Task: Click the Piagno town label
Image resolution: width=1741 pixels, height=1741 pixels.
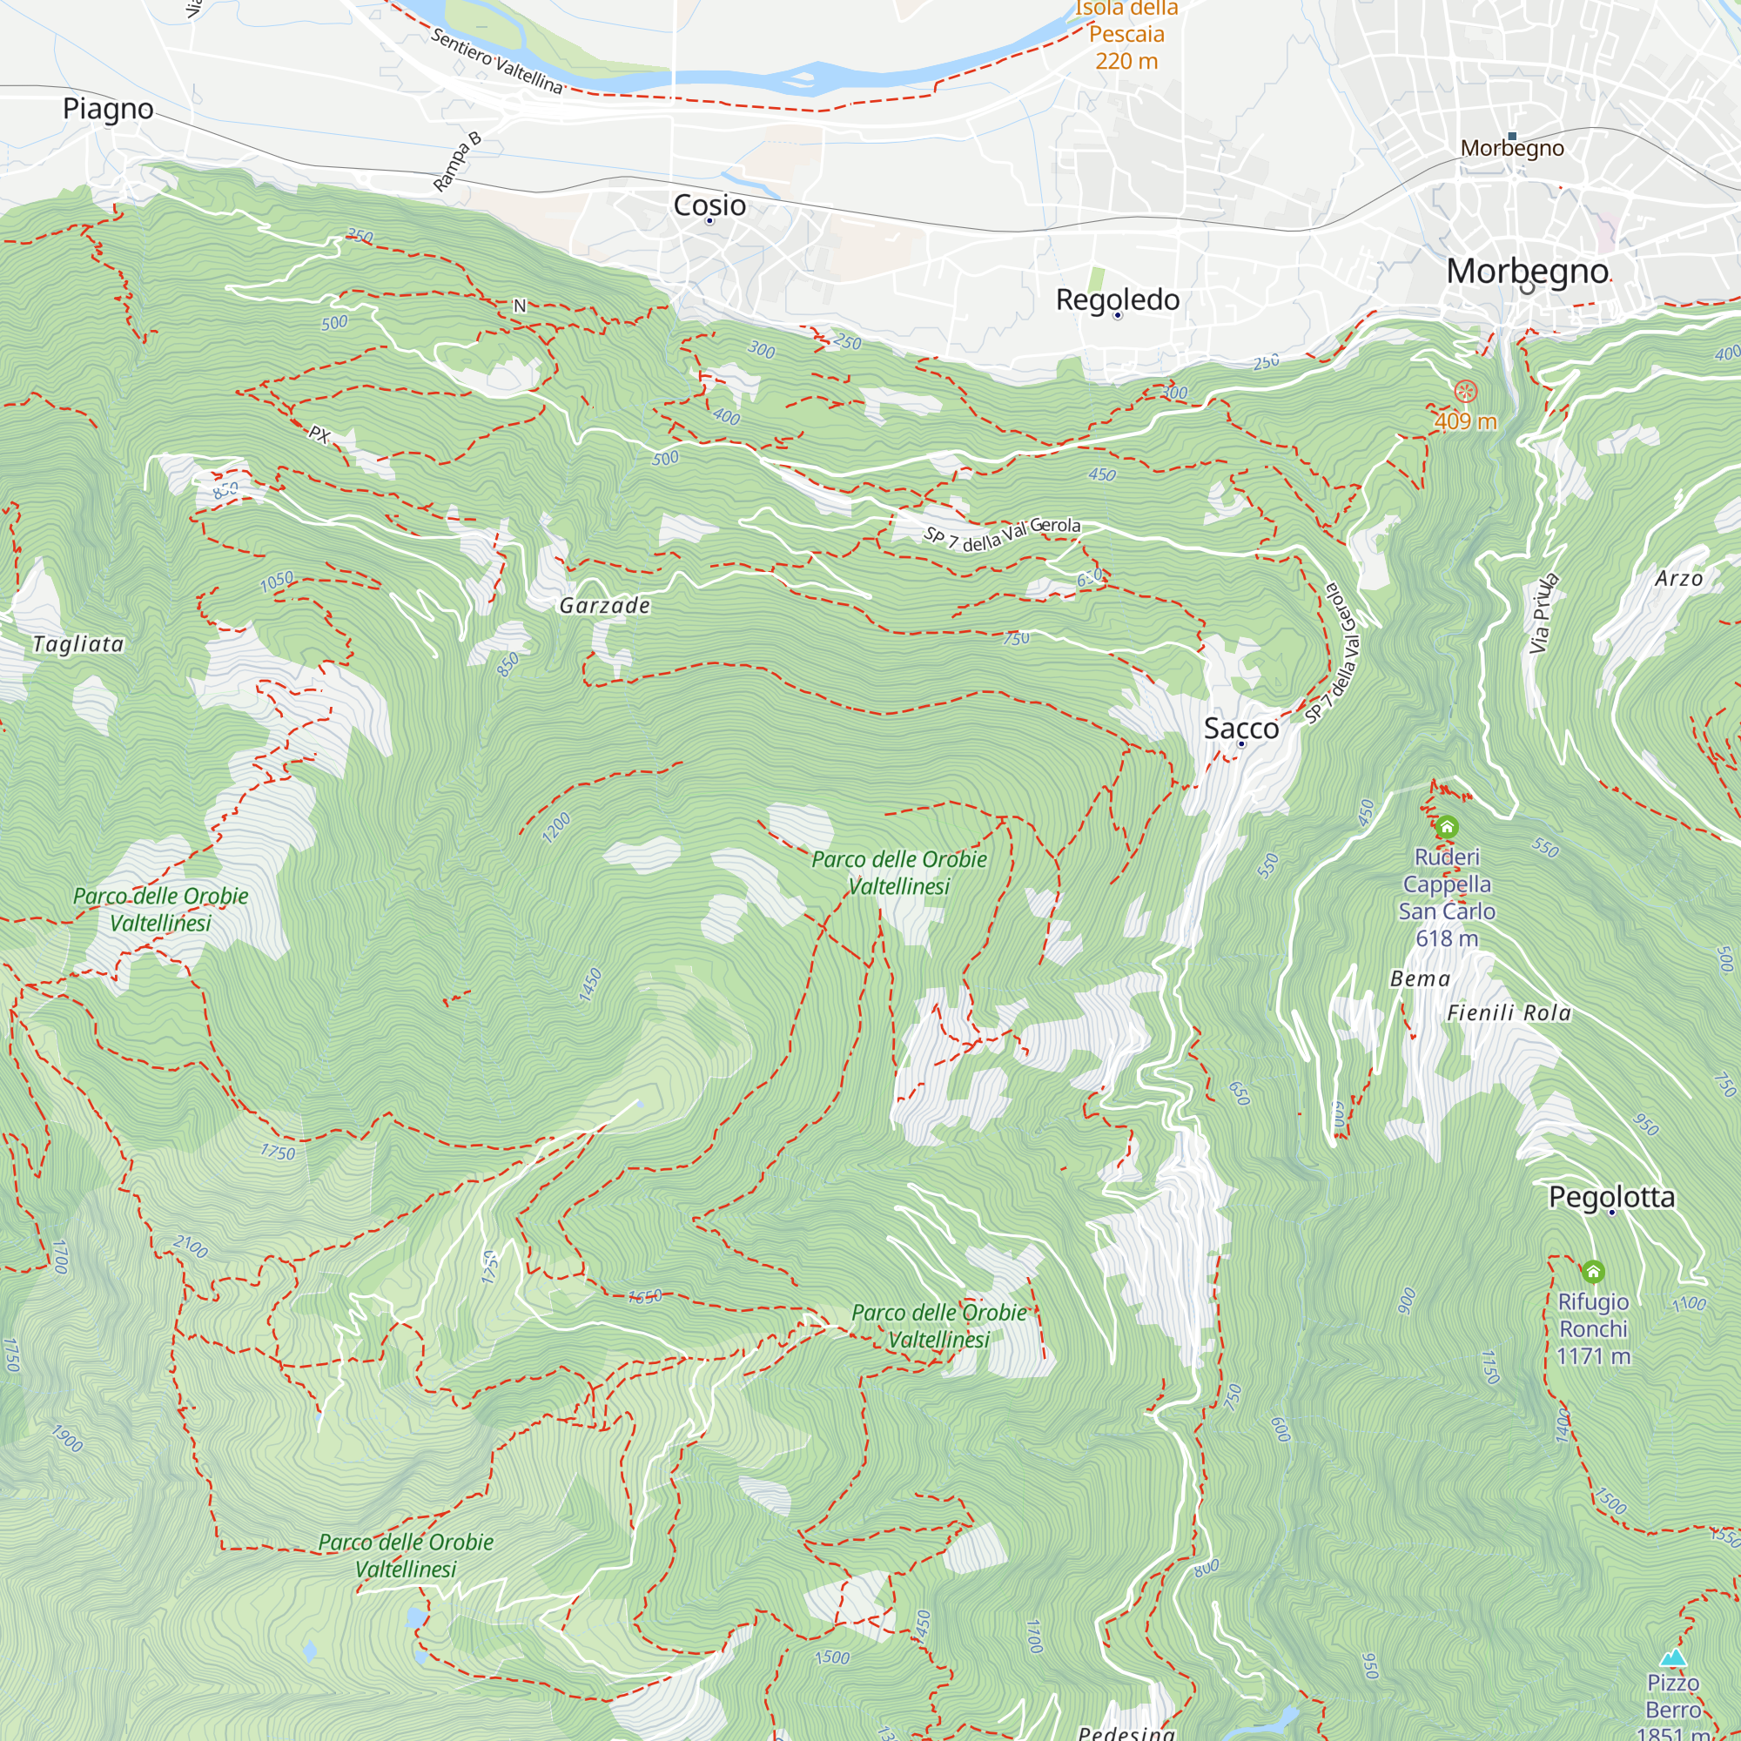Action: click(x=108, y=109)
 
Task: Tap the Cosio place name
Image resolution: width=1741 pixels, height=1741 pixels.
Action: click(x=709, y=205)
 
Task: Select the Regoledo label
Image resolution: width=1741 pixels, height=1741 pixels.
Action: click(x=1118, y=299)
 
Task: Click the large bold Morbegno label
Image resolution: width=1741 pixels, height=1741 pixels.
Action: click(x=1527, y=271)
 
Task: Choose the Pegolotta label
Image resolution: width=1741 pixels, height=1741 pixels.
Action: click(x=1611, y=1197)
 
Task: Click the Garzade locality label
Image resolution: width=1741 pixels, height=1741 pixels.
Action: click(x=605, y=606)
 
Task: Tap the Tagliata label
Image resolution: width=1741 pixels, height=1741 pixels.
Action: click(x=78, y=643)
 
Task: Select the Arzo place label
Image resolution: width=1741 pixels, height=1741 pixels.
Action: click(x=1679, y=579)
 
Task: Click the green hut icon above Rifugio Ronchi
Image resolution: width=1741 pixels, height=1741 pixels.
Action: click(x=1593, y=1272)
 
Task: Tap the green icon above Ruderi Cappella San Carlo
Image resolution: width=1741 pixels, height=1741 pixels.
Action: click(x=1446, y=826)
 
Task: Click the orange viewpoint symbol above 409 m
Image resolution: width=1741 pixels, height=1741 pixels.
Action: click(x=1465, y=391)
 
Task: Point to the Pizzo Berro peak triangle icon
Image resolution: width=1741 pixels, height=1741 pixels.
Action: click(x=1673, y=1657)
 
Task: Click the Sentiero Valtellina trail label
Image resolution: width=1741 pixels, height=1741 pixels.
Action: click(x=496, y=61)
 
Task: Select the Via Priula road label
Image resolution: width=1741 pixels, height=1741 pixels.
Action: click(x=1543, y=613)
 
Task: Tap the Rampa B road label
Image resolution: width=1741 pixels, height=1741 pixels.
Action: click(x=457, y=162)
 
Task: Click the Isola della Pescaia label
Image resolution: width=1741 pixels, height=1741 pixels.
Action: click(x=1126, y=34)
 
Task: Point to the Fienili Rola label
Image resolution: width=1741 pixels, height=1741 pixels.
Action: click(x=1509, y=1013)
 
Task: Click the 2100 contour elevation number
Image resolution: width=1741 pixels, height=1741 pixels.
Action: click(x=190, y=1247)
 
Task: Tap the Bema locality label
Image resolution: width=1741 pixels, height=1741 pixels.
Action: click(x=1420, y=978)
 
